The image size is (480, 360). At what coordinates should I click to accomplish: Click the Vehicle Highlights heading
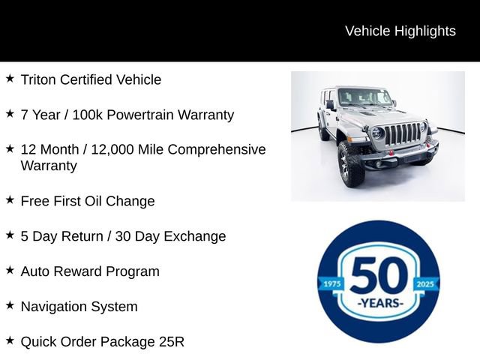[x=400, y=31]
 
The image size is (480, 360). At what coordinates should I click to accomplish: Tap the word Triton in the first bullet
[x=39, y=79]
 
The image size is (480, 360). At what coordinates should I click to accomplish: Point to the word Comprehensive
[x=217, y=149]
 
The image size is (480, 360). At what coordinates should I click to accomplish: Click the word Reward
[x=82, y=271]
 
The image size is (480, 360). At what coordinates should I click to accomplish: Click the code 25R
[x=171, y=342]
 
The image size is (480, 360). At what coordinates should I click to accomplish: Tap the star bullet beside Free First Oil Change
[x=10, y=199]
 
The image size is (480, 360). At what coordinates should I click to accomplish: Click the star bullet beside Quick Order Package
[x=10, y=340]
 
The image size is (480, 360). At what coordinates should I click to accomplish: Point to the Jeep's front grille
[x=402, y=134]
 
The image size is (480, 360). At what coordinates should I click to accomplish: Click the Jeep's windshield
[x=364, y=97]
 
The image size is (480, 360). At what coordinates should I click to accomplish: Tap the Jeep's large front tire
[x=351, y=163]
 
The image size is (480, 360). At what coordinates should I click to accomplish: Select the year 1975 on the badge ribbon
[x=331, y=285]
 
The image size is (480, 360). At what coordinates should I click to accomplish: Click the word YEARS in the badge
[x=379, y=304]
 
